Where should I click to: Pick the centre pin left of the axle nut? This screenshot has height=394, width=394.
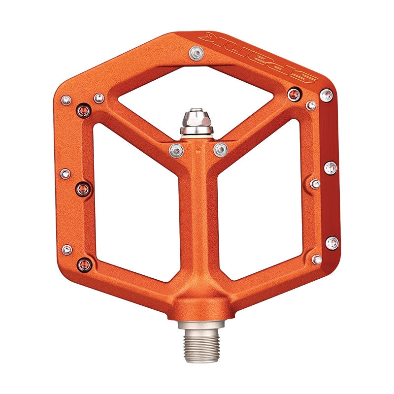[176, 150]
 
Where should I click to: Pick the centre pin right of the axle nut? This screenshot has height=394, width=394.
[220, 149]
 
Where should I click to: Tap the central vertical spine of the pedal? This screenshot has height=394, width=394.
[198, 222]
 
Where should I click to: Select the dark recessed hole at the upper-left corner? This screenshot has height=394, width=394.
[84, 111]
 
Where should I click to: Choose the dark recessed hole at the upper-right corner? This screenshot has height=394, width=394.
[294, 94]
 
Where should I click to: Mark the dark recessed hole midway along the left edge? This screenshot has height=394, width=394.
[83, 188]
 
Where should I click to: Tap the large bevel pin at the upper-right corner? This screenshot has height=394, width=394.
[326, 95]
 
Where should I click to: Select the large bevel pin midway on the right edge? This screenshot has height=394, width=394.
[330, 168]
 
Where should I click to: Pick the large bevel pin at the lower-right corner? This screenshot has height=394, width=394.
[332, 243]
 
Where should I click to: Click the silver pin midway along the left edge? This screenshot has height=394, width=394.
[65, 173]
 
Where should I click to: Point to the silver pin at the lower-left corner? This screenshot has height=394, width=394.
[66, 250]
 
